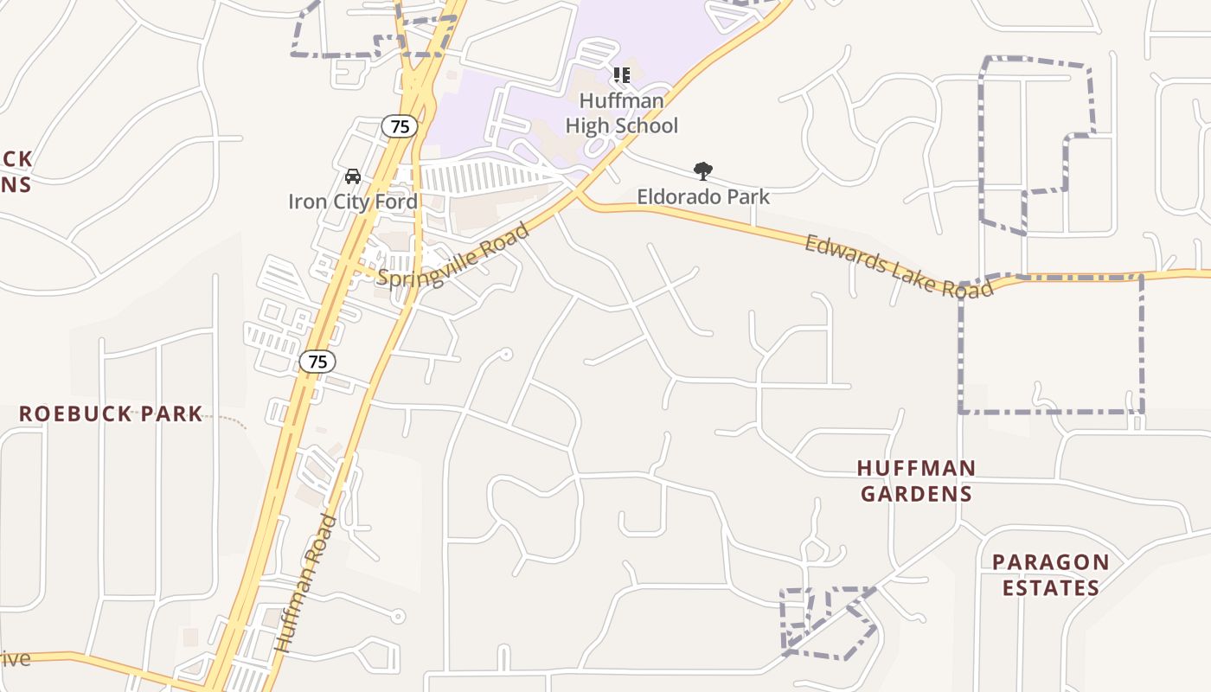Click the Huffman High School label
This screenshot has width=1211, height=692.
point(621,113)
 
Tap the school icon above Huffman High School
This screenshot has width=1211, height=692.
point(621,75)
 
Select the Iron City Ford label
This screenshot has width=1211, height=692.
point(353,202)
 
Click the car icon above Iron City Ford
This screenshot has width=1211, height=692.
point(353,176)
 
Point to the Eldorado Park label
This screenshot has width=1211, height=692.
point(703,197)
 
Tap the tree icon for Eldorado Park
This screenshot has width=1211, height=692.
point(703,171)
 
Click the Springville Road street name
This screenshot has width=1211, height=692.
point(453,257)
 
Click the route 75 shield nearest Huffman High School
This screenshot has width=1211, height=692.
point(400,126)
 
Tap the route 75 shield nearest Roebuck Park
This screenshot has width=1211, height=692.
point(318,362)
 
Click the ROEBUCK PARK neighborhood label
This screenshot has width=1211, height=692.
point(111,414)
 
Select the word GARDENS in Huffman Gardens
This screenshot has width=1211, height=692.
point(916,494)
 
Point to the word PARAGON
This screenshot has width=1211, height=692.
point(1050,562)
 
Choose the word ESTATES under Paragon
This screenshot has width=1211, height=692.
point(1050,588)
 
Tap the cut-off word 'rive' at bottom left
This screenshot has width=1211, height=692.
point(15,658)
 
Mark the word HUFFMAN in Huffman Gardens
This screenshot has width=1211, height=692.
point(916,468)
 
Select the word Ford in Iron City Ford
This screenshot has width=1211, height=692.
point(396,202)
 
